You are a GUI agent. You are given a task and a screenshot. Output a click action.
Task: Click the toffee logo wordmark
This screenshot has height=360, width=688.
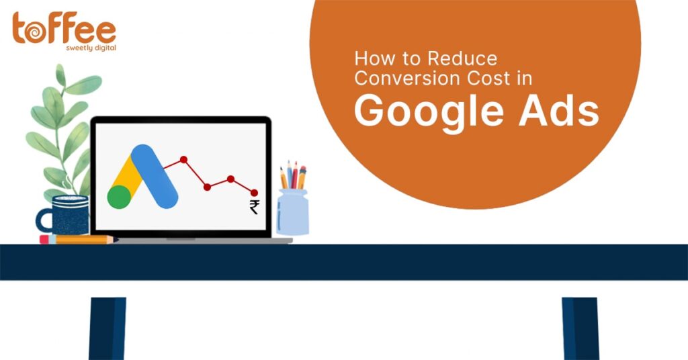64,28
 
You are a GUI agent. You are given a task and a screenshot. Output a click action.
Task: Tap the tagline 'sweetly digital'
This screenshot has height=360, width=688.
91,48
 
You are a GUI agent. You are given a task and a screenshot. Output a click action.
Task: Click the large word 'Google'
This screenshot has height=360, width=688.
429,112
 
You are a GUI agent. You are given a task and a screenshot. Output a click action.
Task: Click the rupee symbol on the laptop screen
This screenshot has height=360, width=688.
254,206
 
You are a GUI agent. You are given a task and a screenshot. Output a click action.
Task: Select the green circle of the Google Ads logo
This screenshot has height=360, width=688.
120,197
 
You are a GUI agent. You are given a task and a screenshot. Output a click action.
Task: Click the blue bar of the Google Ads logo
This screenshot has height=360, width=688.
155,176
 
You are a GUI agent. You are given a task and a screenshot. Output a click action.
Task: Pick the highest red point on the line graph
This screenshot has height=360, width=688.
184,160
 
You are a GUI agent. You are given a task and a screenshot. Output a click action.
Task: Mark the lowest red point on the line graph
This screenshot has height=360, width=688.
254,193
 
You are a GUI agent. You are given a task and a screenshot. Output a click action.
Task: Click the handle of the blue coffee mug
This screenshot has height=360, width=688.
44,220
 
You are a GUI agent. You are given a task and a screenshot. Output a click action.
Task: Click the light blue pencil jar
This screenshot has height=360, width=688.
293,212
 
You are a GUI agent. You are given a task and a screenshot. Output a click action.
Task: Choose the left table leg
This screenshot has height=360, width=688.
107,328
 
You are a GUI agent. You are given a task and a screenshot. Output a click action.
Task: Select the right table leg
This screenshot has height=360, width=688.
580,328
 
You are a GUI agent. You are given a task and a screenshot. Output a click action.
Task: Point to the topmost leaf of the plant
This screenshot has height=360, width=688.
60,75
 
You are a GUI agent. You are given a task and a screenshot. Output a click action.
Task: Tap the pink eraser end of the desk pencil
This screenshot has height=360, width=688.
44,239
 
